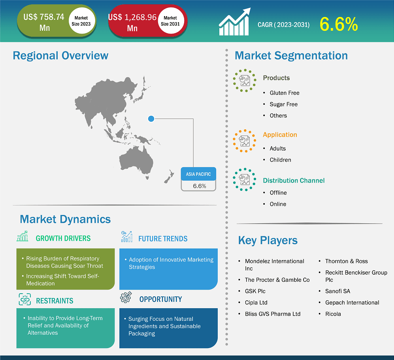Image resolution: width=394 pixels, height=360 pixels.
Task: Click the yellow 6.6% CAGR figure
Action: coord(338,25)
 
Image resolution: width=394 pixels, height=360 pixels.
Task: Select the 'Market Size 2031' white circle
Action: coord(171,21)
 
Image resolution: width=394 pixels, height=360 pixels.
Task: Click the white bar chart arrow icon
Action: coord(235,22)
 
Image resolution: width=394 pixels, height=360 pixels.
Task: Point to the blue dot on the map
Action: coord(151,119)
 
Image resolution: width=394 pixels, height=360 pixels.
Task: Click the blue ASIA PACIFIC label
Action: coord(198,174)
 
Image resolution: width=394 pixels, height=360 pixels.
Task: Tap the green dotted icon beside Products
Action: coord(245,80)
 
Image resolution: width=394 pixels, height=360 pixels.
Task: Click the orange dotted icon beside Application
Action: coord(245,141)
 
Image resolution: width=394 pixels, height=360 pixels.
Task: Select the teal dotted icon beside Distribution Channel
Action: coord(245,179)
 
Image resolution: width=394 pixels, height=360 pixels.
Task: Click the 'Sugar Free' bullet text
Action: coord(283,104)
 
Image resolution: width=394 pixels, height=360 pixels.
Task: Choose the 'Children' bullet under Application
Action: coord(280,160)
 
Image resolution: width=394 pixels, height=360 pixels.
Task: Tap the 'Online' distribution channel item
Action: coord(278,204)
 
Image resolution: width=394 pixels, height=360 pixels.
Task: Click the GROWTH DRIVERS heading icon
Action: coord(23,236)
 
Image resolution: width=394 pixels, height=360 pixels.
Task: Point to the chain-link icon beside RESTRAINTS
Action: coord(25,299)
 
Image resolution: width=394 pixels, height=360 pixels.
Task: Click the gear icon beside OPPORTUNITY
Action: coord(126,297)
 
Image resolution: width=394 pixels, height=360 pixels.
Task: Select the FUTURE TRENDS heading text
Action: coord(163,239)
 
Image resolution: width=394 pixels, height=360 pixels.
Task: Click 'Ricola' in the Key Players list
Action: coord(333,314)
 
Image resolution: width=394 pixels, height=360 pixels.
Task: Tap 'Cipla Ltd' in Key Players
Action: coord(256,302)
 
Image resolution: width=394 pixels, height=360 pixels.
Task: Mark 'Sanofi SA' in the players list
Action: coord(337,291)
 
